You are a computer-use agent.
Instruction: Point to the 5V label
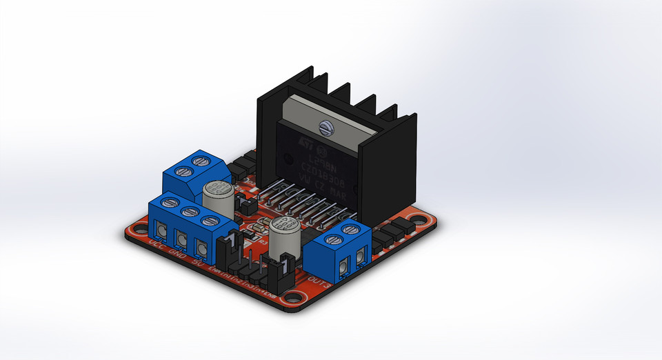tap(198, 263)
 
